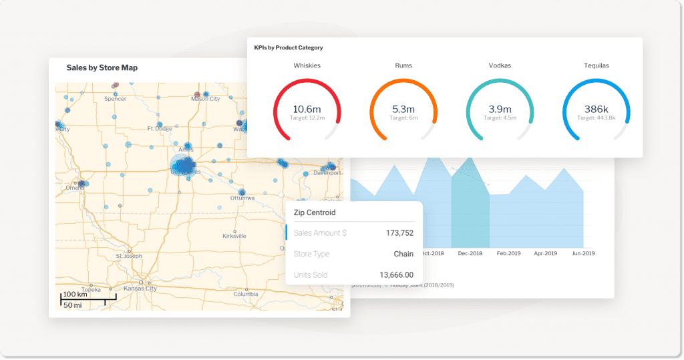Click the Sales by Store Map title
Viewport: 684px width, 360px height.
click(102, 68)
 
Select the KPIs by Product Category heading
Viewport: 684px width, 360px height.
click(289, 48)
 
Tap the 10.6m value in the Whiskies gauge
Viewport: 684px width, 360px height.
click(307, 109)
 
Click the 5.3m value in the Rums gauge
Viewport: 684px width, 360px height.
click(403, 109)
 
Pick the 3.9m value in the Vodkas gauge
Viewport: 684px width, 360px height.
click(500, 109)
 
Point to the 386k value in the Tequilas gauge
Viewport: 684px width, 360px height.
click(596, 109)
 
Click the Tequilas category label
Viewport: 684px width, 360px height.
click(596, 66)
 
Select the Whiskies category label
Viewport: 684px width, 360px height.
click(307, 66)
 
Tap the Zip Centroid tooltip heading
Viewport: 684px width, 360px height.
click(315, 212)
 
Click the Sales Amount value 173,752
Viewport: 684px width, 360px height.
click(399, 233)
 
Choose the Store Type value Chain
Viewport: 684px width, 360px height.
click(403, 254)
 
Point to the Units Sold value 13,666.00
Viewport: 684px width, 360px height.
click(397, 275)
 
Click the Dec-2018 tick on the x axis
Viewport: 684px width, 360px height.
click(470, 254)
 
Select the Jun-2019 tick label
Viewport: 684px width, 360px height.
click(582, 254)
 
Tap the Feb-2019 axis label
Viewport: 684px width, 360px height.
click(508, 254)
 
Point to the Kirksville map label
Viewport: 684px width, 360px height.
click(234, 236)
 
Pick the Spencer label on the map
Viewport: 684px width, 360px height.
click(115, 99)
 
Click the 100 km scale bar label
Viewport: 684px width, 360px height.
click(75, 295)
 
